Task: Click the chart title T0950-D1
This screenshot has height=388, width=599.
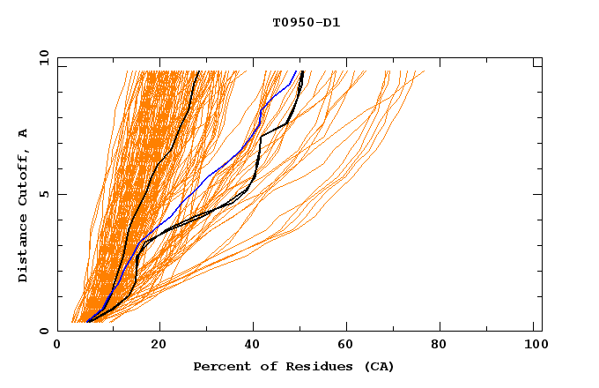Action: coord(307,23)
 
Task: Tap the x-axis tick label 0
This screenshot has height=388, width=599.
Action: coord(57,346)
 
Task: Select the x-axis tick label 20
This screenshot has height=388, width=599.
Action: coord(159,346)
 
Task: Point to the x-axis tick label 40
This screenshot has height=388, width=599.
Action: coord(253,346)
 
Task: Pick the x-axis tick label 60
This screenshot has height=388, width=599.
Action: coord(348,346)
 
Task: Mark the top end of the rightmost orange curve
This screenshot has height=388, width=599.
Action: coord(424,71)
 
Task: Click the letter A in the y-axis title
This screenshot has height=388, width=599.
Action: coord(24,133)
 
